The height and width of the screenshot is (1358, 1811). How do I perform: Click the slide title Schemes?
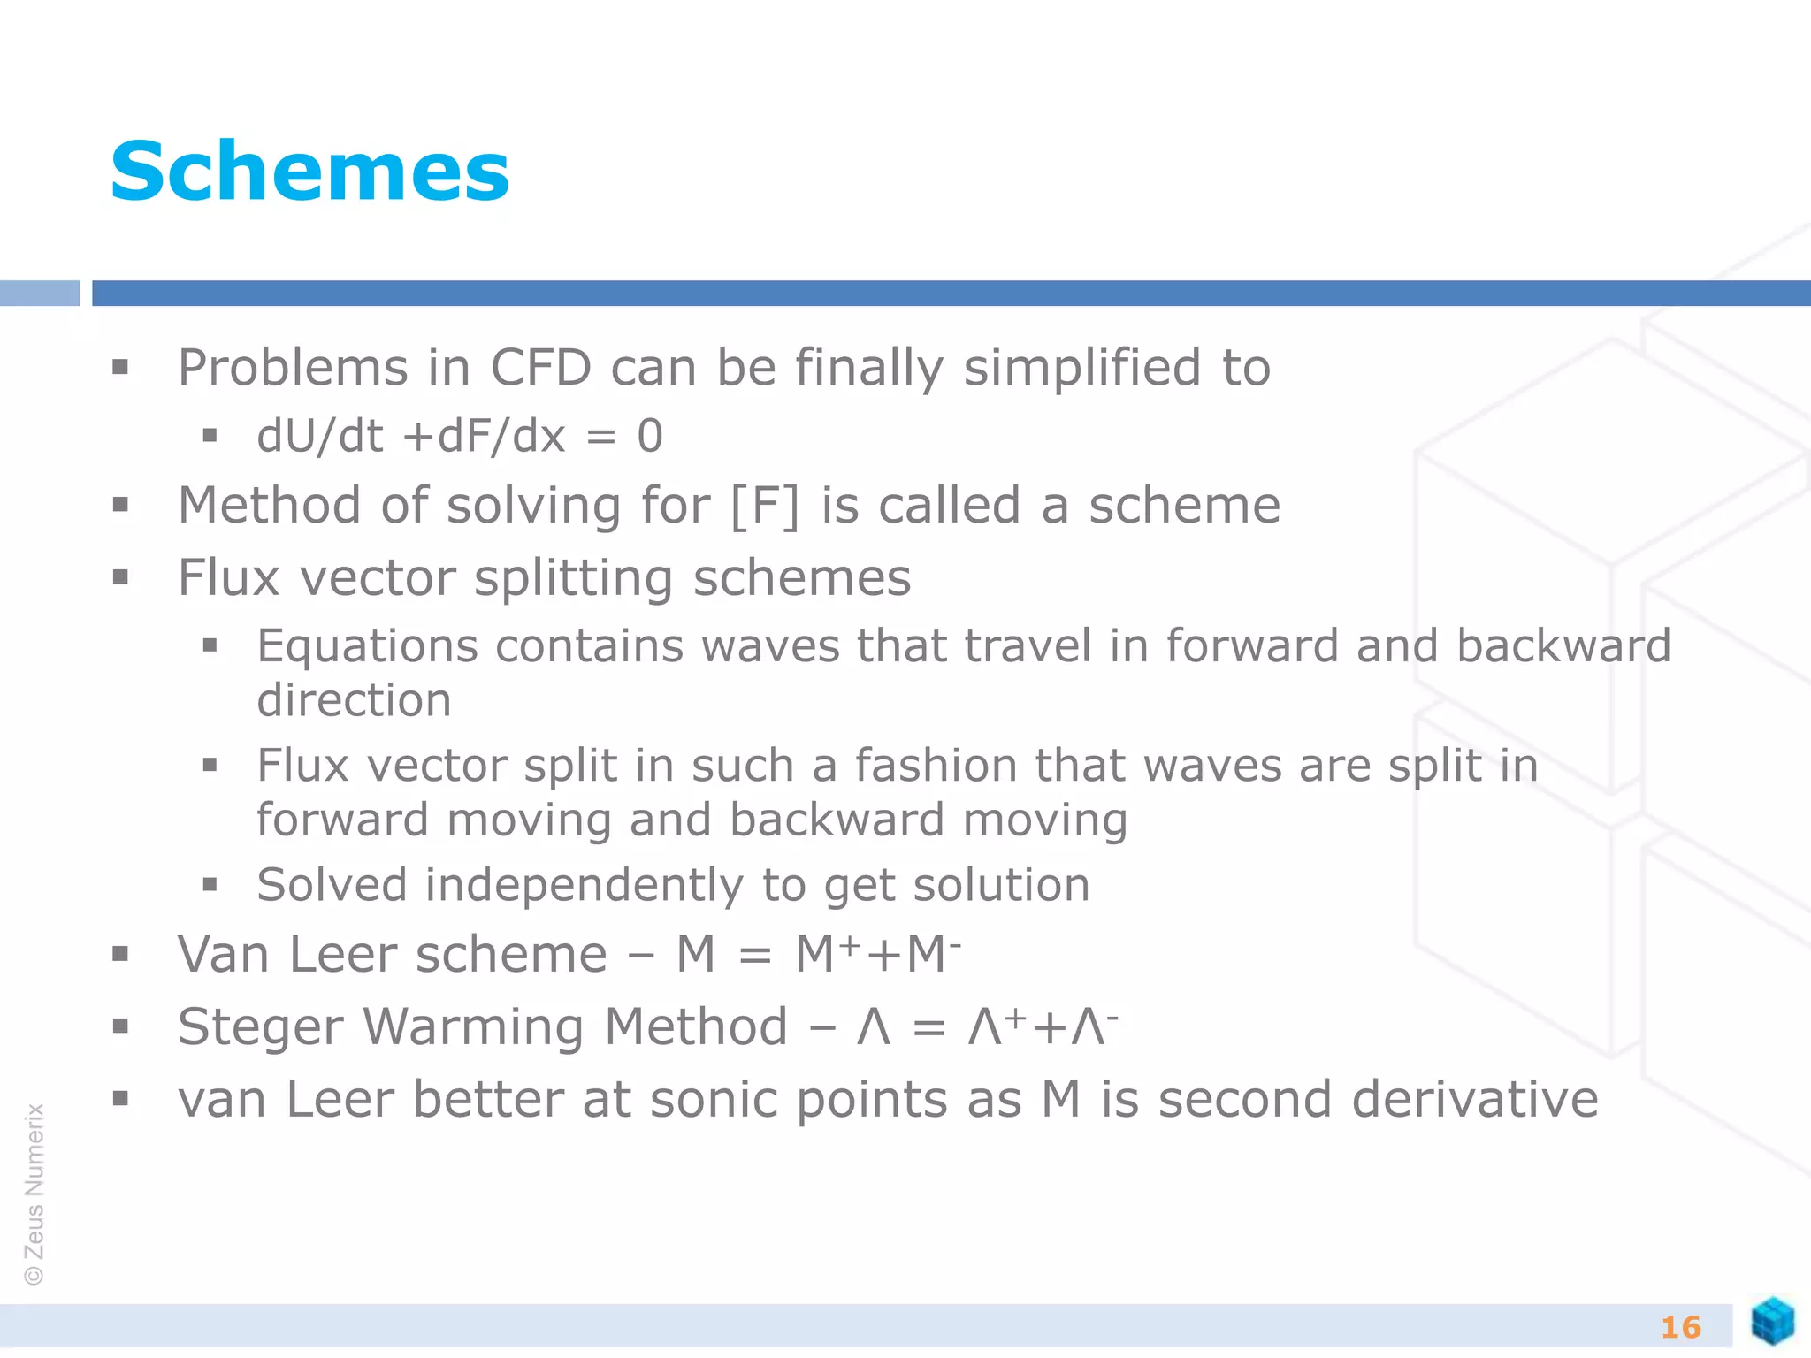pos(309,172)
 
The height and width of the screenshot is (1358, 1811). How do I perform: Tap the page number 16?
pos(1680,1327)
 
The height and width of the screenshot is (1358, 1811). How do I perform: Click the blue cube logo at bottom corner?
pos(1772,1321)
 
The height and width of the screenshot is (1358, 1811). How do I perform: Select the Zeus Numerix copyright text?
pos(34,1194)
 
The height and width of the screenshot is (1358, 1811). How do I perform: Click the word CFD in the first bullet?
pos(540,367)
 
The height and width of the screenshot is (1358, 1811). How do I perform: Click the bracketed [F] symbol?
pos(765,506)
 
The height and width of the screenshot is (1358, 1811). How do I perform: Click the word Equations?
pos(367,645)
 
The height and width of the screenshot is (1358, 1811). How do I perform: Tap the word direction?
pos(354,700)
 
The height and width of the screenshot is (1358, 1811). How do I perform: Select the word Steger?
pos(260,1027)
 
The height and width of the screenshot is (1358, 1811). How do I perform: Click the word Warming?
pos(473,1027)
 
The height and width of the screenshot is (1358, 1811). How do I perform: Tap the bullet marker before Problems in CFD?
pos(120,367)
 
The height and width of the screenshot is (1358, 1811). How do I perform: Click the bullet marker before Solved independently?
pos(210,884)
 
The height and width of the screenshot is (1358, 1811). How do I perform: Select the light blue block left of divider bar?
pos(39,293)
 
